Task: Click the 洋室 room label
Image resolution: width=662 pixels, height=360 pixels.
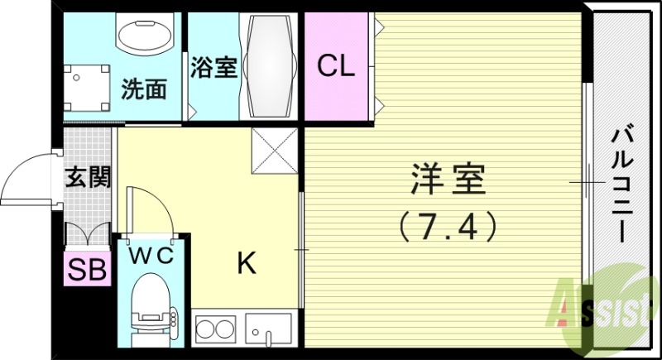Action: [448, 179]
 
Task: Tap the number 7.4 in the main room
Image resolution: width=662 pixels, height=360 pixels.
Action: [448, 223]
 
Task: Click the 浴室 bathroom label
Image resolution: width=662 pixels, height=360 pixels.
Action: [214, 66]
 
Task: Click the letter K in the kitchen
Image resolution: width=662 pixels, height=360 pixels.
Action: [246, 264]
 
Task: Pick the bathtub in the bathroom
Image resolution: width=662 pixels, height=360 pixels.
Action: [268, 66]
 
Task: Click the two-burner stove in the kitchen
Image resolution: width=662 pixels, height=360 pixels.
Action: [214, 332]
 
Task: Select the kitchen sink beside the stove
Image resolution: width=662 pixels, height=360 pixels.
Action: [267, 331]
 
